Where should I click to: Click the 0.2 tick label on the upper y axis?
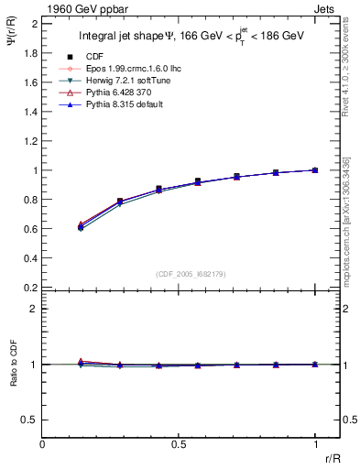[29, 288]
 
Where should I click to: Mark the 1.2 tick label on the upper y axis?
[29, 141]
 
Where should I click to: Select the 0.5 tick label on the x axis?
[179, 444]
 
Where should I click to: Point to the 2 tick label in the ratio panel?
[34, 309]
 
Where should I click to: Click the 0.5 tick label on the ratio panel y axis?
[29, 420]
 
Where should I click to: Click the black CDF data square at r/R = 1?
[315, 170]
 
